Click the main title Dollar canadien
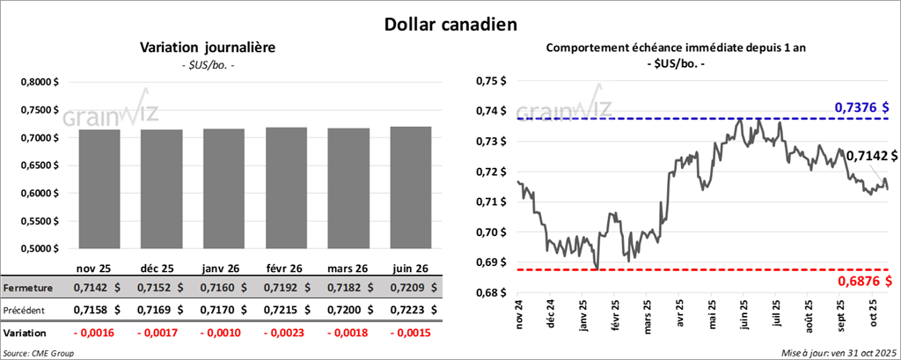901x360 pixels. (x=450, y=24)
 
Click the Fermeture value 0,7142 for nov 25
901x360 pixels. (x=98, y=288)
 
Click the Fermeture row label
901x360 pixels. (x=27, y=288)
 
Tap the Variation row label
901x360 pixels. (x=26, y=334)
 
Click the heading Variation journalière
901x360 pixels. (x=208, y=48)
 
